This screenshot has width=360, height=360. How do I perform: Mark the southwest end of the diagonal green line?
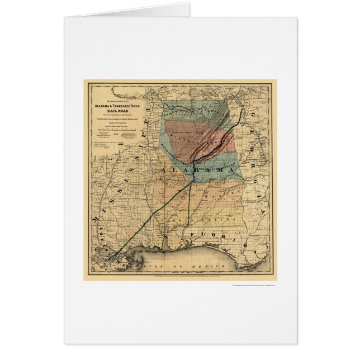coord(111,258)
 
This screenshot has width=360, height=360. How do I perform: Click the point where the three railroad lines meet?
coord(193,168)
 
